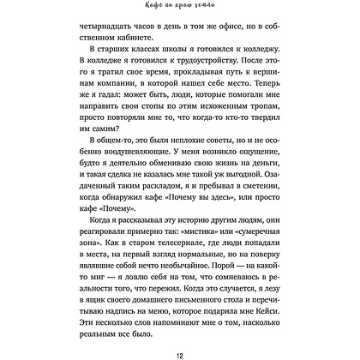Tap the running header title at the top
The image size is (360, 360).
pyautogui.click(x=179, y=9)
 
